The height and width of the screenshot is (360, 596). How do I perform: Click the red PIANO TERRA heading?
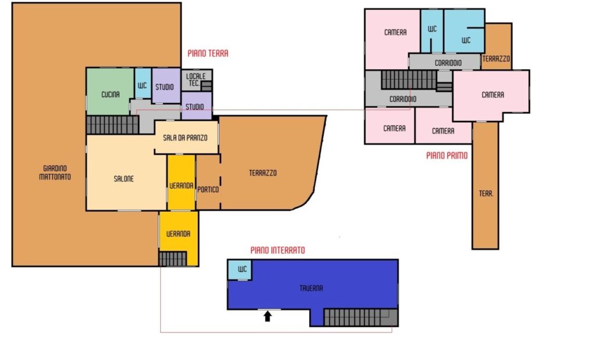pyautogui.click(x=208, y=54)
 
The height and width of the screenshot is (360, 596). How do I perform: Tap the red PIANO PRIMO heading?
pyautogui.click(x=446, y=156)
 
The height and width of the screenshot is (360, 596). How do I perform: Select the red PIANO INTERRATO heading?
pyautogui.click(x=278, y=250)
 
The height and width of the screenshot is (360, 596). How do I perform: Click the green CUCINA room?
pyautogui.click(x=110, y=91)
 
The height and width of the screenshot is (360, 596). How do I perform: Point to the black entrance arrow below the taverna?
pyautogui.click(x=268, y=316)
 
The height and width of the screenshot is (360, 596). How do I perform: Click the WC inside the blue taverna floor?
pyautogui.click(x=239, y=270)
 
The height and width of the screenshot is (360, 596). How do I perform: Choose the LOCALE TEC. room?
pyautogui.click(x=196, y=80)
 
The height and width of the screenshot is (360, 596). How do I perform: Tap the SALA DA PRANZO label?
pyautogui.click(x=185, y=138)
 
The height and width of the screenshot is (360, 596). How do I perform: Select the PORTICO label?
pyautogui.click(x=208, y=190)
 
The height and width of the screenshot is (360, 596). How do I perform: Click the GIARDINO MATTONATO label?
pyautogui.click(x=55, y=172)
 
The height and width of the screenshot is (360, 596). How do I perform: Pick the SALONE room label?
pyautogui.click(x=123, y=179)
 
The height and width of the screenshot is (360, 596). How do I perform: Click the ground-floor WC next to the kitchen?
pyautogui.click(x=143, y=83)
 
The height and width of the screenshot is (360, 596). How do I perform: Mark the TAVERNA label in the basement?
pyautogui.click(x=311, y=288)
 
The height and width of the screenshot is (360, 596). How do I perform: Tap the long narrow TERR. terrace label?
pyautogui.click(x=486, y=194)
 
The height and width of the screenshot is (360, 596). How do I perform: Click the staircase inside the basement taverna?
pyautogui.click(x=360, y=318)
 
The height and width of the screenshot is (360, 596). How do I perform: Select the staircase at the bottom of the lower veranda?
pyautogui.click(x=172, y=259)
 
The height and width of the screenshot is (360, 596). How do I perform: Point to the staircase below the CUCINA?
pyautogui.click(x=112, y=125)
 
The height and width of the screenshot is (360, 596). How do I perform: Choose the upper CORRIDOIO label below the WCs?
pyautogui.click(x=448, y=63)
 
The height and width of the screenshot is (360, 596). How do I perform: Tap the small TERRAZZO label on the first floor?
pyautogui.click(x=496, y=59)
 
